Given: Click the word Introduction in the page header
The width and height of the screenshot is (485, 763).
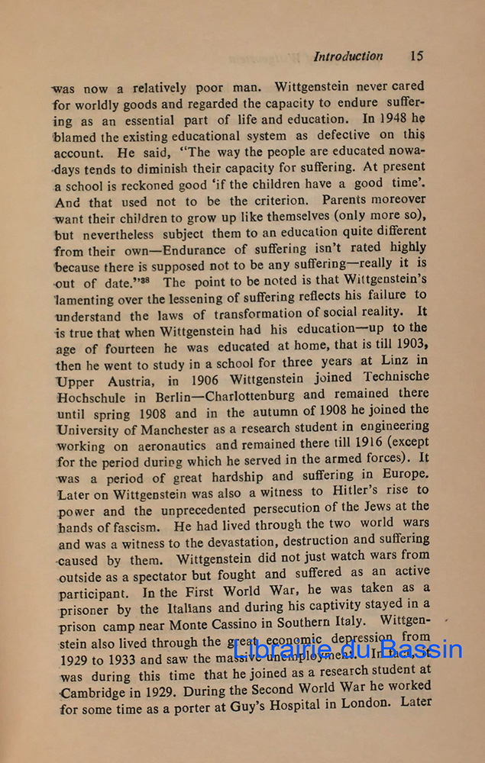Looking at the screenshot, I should coord(348,56).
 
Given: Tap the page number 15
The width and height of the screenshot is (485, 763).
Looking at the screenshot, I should coord(416,56).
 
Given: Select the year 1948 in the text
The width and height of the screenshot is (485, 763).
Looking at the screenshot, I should coord(396,119).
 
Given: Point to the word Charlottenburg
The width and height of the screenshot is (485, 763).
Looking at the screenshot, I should coord(246,396).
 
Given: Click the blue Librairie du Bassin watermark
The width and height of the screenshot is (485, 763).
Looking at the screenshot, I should coord(348,650).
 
